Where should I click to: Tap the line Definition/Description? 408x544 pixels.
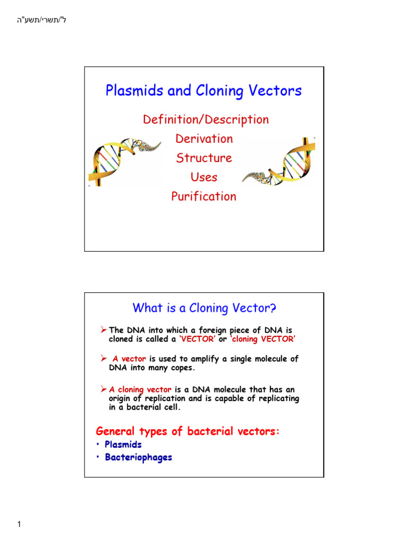[206, 120]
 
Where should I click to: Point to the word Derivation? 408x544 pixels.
[204, 139]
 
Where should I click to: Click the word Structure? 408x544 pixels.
[204, 158]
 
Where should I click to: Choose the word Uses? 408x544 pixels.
[204, 177]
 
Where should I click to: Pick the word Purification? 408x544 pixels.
[203, 197]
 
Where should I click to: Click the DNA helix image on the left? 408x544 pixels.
[125, 159]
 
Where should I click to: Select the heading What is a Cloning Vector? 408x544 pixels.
[204, 308]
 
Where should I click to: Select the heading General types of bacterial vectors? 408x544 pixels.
[187, 431]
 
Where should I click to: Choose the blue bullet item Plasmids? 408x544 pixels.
[123, 445]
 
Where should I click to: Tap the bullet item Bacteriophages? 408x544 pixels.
[138, 457]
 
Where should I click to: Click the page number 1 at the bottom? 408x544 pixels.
[19, 525]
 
